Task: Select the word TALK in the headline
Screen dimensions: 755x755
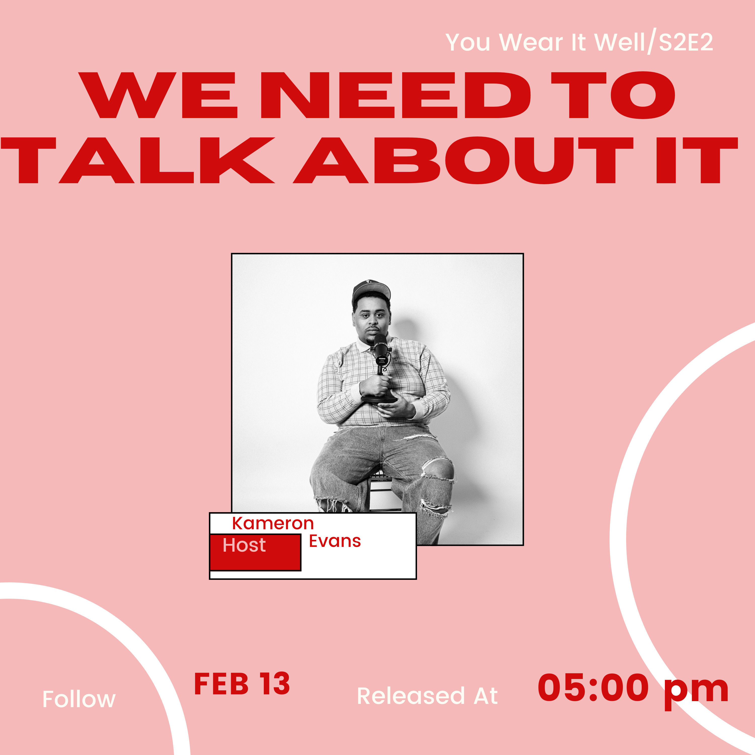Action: point(137,160)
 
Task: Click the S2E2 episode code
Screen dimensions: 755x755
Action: point(686,42)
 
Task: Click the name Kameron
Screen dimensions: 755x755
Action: point(273,523)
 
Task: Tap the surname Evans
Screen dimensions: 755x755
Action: point(334,541)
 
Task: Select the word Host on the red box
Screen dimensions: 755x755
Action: point(244,545)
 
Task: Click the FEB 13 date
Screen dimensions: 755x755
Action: point(242,684)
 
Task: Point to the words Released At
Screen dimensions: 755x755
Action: point(427,696)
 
